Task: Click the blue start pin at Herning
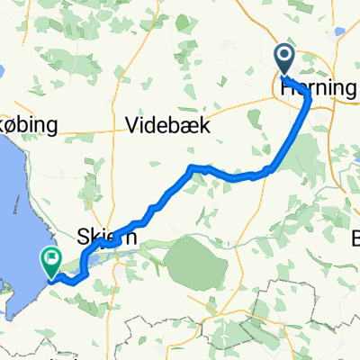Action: [x=285, y=59]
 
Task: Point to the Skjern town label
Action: [x=112, y=238]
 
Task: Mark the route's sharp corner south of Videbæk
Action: [x=190, y=168]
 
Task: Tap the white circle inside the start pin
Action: [x=285, y=57]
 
